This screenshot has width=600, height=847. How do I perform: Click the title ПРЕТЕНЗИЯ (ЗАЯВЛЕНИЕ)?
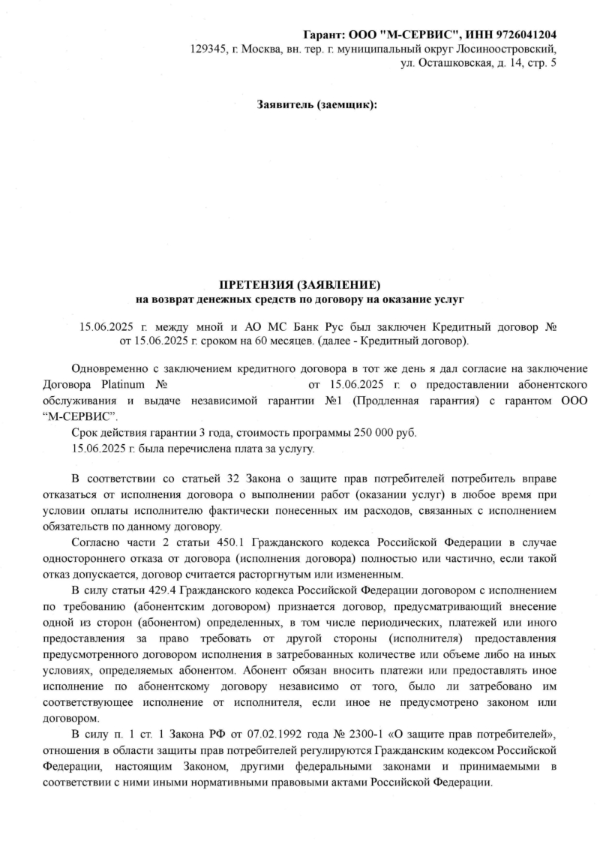(300, 285)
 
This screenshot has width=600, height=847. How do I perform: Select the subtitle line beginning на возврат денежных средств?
(300, 299)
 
